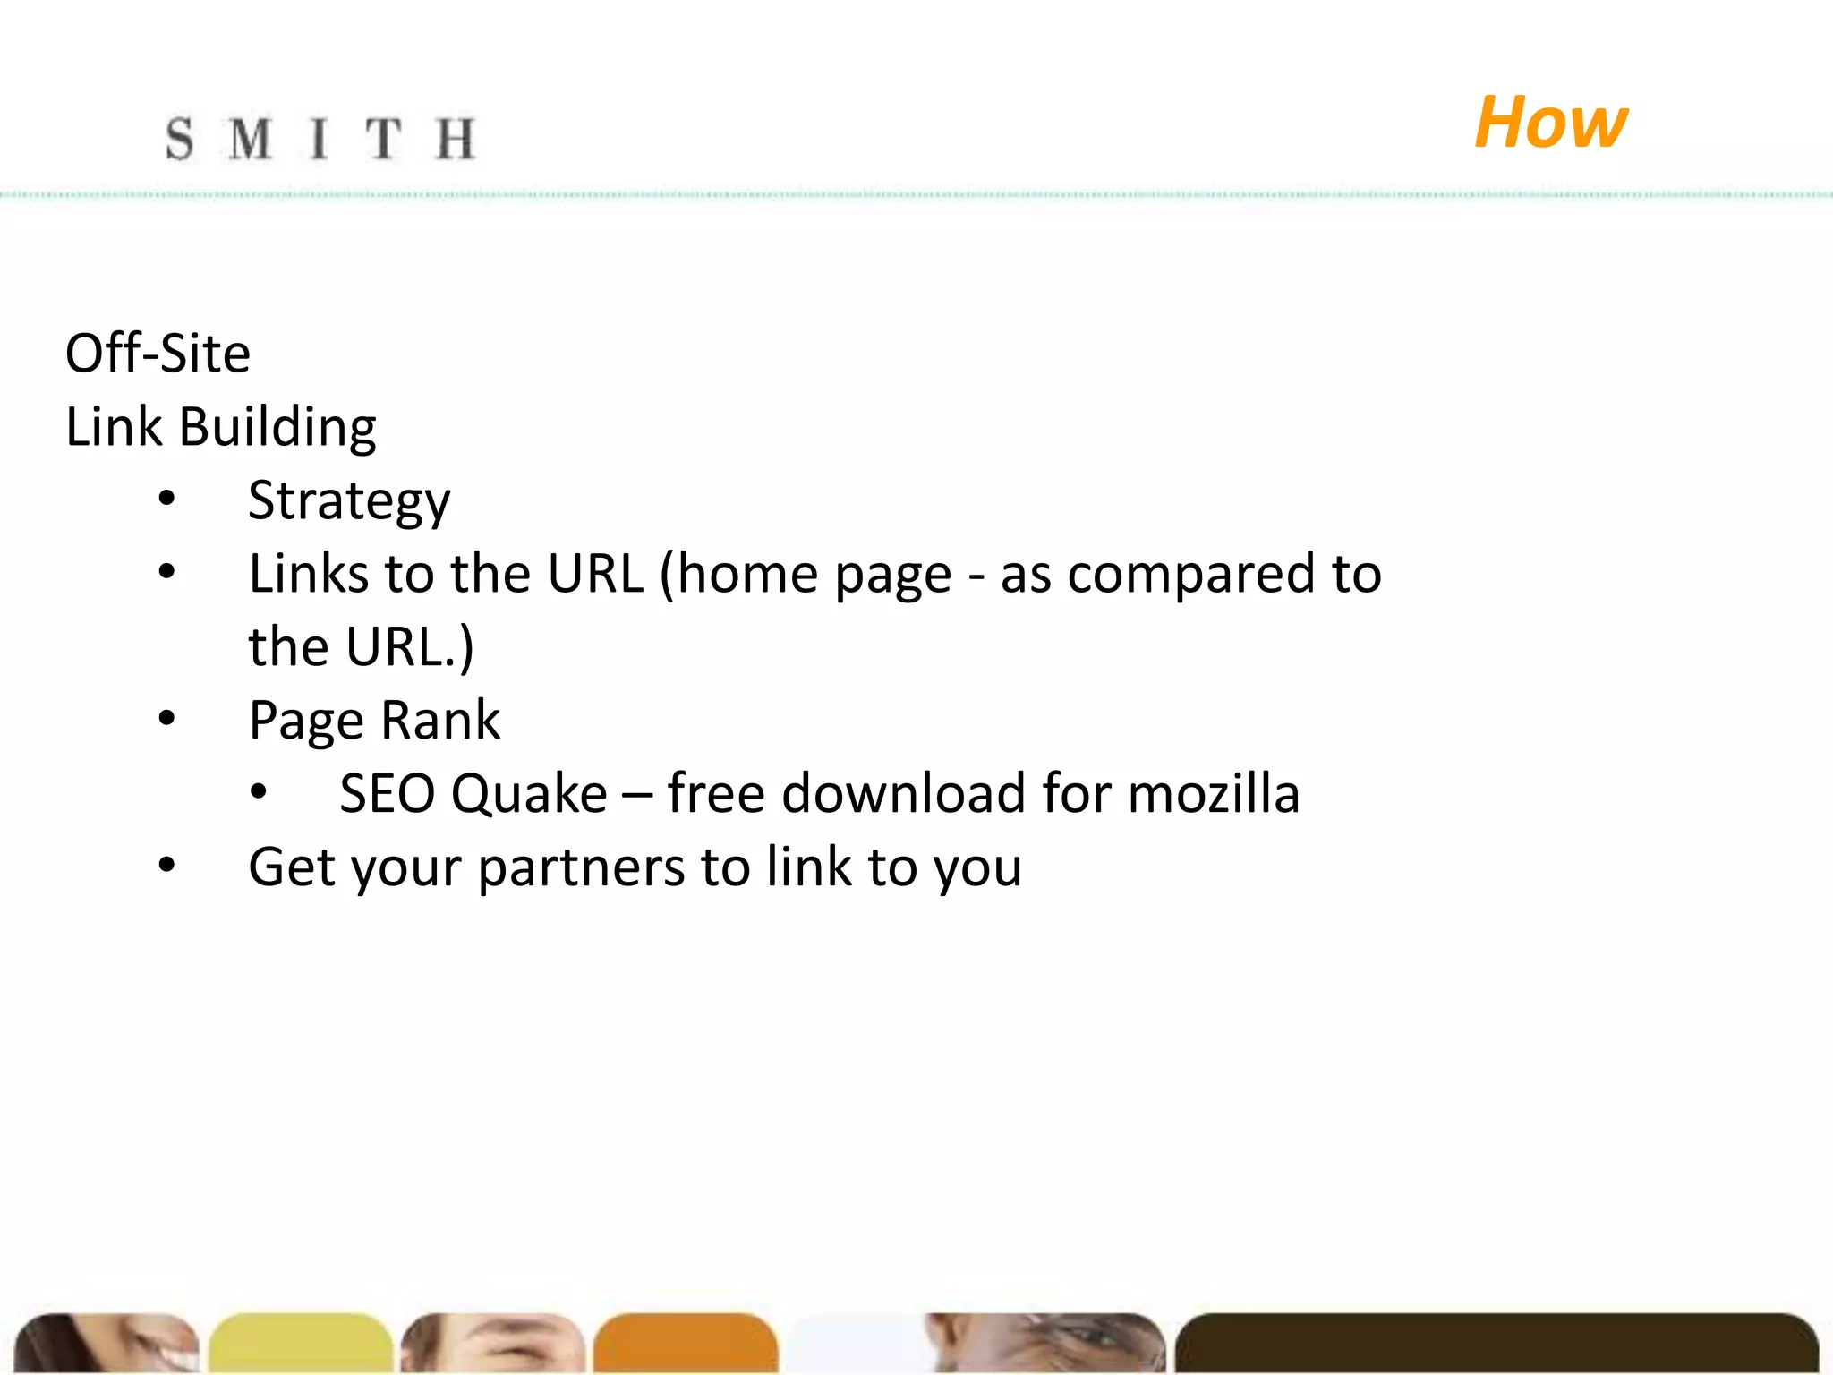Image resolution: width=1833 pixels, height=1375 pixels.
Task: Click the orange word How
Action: click(1550, 123)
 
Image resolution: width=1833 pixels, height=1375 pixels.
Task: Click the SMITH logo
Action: click(320, 140)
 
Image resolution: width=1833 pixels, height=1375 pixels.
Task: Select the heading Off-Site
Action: click(158, 353)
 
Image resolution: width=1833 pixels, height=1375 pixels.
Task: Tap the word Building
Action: click(277, 427)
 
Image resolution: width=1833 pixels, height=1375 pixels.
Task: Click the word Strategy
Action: click(349, 501)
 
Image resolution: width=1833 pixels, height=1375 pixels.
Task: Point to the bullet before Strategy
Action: click(166, 499)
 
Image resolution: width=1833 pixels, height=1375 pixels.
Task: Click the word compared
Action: click(1192, 575)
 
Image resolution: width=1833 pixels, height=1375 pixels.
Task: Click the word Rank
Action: click(440, 720)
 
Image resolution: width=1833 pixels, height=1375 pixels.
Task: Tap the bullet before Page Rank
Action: click(166, 718)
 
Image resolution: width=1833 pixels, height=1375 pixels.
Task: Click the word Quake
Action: click(529, 794)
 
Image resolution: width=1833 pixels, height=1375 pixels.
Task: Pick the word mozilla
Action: click(1213, 794)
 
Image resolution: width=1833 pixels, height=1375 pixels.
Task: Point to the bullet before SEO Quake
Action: click(259, 792)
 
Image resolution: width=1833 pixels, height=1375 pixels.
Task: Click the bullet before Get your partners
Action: click(166, 865)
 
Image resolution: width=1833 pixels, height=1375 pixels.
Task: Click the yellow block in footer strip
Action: click(301, 1343)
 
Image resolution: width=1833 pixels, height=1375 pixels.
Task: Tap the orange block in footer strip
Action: click(685, 1343)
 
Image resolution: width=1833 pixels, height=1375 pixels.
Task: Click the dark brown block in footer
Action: click(1495, 1343)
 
